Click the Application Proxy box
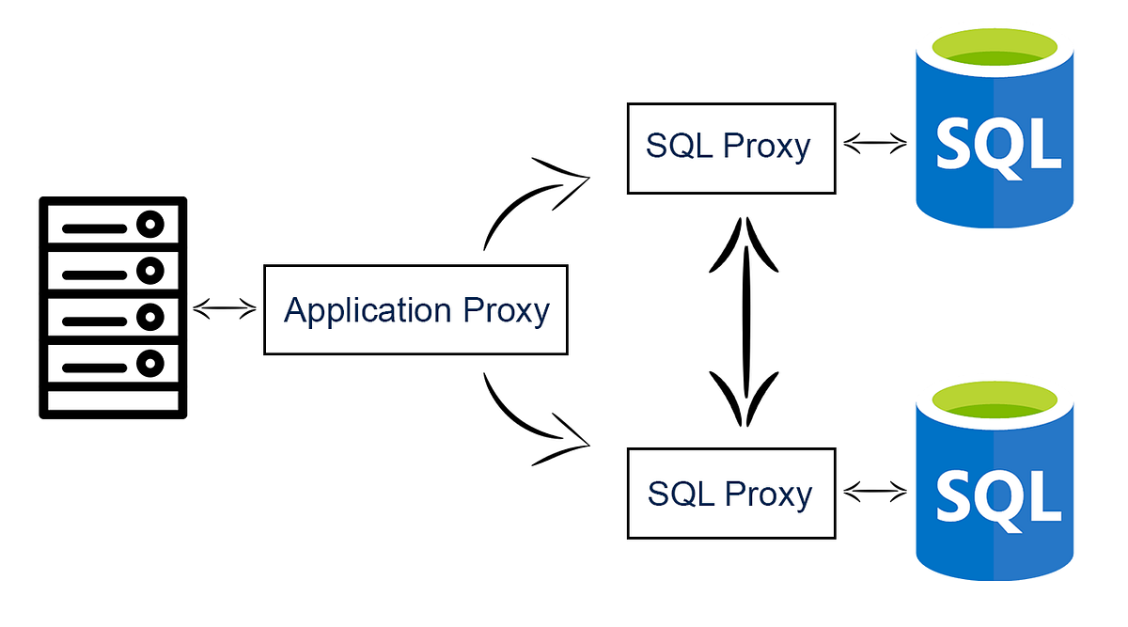pos(415,309)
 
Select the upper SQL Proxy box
pos(731,148)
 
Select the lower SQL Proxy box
pos(731,494)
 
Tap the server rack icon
pos(113,307)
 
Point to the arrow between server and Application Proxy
pos(224,308)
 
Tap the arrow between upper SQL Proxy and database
pos(875,145)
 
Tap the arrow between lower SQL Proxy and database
pos(875,491)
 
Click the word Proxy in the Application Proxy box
pos(507,310)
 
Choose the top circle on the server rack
pos(149,226)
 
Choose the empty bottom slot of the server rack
pos(113,400)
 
